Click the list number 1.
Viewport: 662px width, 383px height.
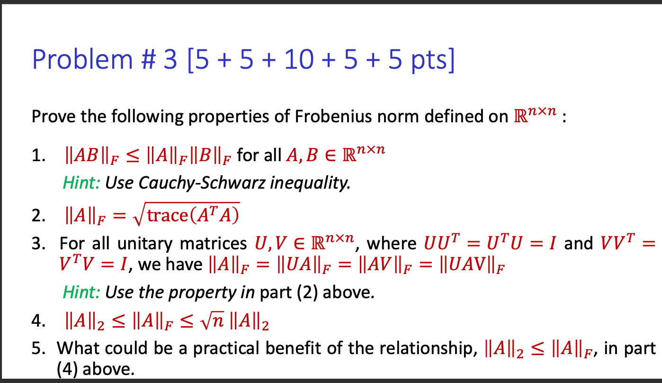(38, 156)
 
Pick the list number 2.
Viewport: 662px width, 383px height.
(38, 216)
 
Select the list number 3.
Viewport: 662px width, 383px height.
(38, 243)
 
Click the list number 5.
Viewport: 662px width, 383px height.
(38, 348)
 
